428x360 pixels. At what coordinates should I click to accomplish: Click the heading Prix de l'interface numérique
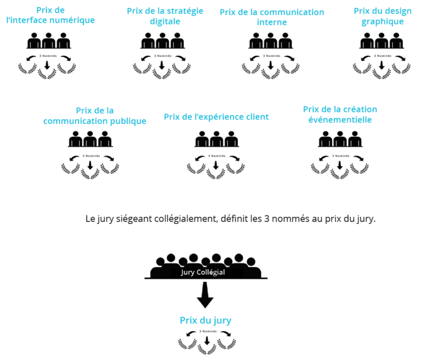[x=50, y=16]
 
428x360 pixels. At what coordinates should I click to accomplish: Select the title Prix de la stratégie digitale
[x=165, y=16]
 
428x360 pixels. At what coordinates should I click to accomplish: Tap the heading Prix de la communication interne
[x=272, y=17]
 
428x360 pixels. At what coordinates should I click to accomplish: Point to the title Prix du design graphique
[x=382, y=16]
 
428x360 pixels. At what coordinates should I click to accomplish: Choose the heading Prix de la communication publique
[x=95, y=116]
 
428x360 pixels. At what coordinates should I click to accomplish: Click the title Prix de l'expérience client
[x=216, y=117]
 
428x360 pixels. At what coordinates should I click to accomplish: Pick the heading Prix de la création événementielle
[x=340, y=115]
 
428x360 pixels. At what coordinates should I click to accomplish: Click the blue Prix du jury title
[x=205, y=320]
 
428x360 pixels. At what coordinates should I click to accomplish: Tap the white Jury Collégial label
[x=203, y=273]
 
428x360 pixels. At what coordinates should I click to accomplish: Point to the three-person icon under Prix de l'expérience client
[x=216, y=141]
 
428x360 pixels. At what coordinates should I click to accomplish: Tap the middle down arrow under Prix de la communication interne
[x=270, y=65]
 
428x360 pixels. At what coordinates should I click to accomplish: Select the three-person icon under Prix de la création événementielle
[x=340, y=141]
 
